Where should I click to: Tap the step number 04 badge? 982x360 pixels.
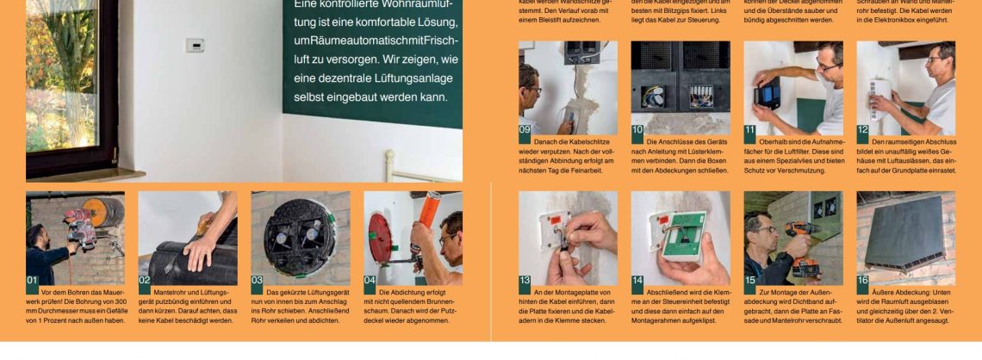point(370,280)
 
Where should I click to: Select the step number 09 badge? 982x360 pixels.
point(525,129)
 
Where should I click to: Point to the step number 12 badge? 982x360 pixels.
point(863,129)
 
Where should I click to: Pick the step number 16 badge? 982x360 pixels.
point(863,280)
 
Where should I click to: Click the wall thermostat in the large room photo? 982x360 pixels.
point(196,46)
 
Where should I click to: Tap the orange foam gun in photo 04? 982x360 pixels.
point(428,211)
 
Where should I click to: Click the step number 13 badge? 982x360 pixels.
point(525,280)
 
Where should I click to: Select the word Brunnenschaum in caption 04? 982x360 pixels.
point(436,301)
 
